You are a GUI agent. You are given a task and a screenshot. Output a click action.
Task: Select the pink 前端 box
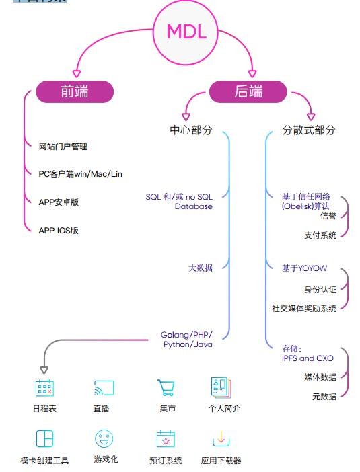(x=75, y=91)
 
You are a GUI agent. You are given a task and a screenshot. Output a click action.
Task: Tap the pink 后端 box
(x=248, y=91)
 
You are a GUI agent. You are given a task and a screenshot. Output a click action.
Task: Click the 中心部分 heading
(x=191, y=130)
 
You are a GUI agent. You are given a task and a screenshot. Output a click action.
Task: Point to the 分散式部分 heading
(x=308, y=130)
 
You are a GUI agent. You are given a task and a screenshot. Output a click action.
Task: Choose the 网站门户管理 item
(x=63, y=147)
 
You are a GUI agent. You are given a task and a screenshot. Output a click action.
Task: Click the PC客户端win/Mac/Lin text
(x=81, y=174)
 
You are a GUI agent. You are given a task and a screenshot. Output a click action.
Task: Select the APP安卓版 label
(x=59, y=202)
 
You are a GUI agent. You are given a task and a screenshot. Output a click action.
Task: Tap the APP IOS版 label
(x=59, y=231)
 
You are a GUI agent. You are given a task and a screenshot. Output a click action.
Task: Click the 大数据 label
(x=201, y=268)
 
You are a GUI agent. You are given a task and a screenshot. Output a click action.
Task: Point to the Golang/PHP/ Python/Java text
(x=186, y=340)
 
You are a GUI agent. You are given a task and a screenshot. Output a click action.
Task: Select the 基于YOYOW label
(x=304, y=268)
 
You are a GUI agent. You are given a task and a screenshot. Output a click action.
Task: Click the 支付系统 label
(x=320, y=235)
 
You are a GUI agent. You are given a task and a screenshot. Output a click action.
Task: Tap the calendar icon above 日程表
(x=44, y=388)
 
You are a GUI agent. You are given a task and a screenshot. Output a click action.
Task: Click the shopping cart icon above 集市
(x=166, y=387)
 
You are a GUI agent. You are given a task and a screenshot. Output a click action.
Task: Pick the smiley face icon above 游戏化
(x=104, y=438)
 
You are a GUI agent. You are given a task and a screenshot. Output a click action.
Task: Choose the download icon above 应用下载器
(x=221, y=439)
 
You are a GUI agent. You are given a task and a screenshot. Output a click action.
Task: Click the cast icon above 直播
(x=104, y=388)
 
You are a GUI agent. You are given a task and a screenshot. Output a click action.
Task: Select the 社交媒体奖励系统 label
(x=304, y=308)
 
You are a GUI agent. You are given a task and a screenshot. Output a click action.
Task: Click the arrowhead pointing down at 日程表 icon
(x=44, y=370)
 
